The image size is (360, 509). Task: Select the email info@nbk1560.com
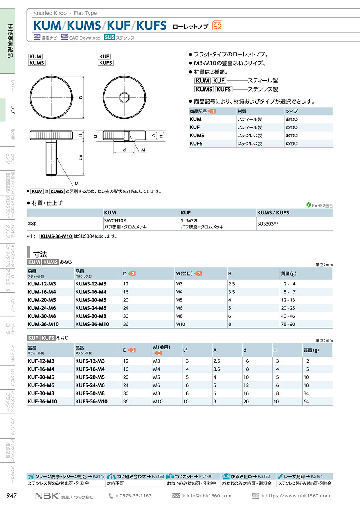209,496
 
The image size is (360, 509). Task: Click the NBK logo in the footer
47,496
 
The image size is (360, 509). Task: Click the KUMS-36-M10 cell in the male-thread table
92,324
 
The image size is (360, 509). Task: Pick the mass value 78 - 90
288,324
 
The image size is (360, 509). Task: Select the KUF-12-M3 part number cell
41,361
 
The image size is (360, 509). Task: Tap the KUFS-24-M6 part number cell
90,385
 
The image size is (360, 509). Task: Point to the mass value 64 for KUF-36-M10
306,401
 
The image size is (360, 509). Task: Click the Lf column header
185,350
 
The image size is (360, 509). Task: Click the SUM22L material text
190,220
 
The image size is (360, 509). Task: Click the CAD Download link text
84,38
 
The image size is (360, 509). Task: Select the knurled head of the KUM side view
51,136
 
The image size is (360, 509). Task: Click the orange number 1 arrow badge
212,111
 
